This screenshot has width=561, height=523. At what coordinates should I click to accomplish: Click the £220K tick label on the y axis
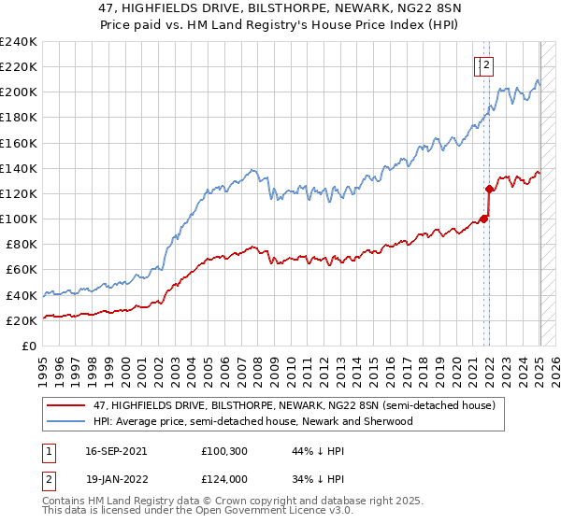(19, 67)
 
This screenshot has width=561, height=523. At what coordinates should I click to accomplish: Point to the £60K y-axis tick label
(22, 269)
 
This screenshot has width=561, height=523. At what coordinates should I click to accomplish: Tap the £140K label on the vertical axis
(19, 168)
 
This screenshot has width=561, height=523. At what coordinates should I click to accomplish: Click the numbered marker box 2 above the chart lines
(488, 65)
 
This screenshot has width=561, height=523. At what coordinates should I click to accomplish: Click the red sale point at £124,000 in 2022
(489, 189)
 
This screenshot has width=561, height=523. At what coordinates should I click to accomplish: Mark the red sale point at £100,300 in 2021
(483, 219)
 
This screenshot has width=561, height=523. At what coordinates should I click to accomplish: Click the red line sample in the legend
(65, 404)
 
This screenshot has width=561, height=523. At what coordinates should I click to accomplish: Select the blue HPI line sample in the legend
(65, 421)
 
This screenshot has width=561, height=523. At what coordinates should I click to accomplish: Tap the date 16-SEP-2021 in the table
(115, 451)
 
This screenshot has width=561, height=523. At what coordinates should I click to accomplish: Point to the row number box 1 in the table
(49, 451)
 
